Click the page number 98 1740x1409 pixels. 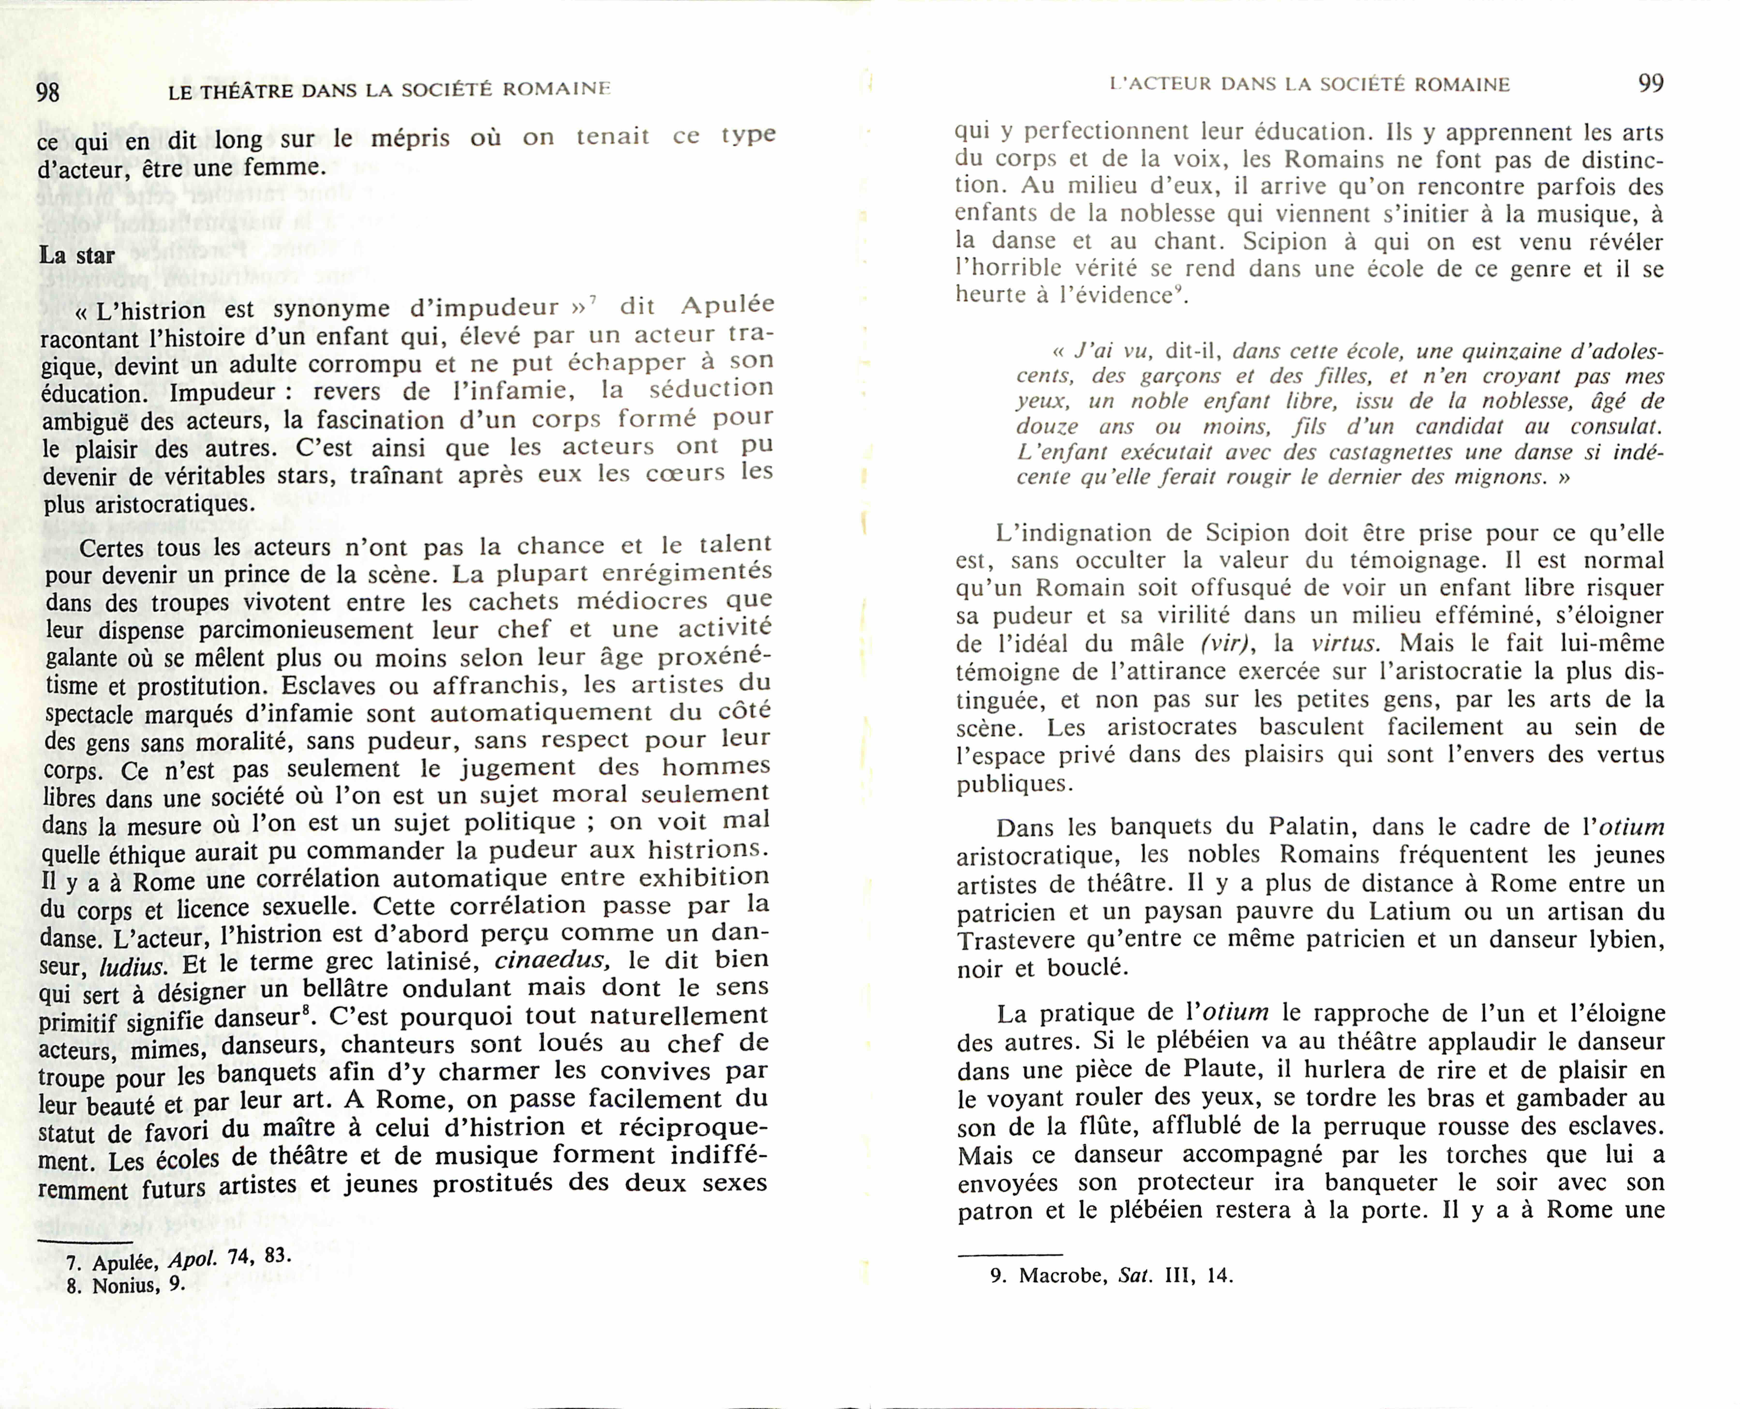[48, 92]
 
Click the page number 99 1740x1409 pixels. [1651, 83]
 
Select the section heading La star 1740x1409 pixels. [77, 255]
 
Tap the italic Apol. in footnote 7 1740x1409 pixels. [192, 1260]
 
